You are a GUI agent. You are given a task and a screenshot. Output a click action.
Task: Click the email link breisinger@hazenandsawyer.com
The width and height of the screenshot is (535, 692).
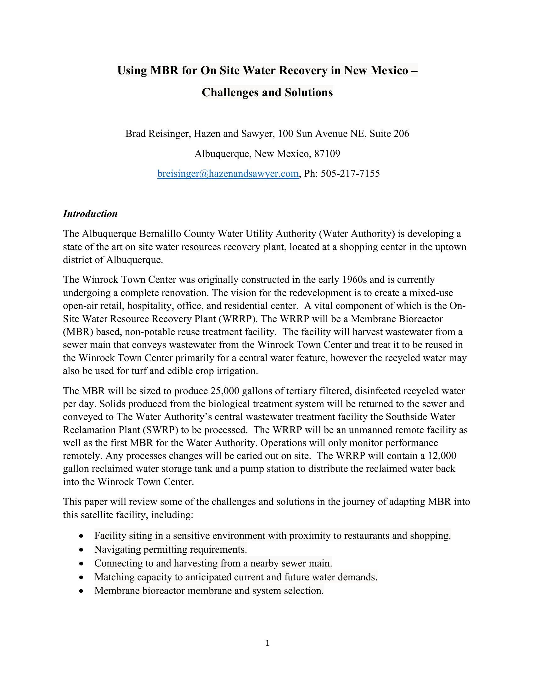click(x=228, y=174)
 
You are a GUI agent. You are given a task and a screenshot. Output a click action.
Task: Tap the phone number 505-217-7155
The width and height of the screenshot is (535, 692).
click(x=350, y=174)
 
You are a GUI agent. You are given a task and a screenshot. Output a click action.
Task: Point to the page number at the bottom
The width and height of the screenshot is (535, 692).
click(x=267, y=643)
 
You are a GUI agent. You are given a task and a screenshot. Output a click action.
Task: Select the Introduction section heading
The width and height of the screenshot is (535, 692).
click(x=90, y=214)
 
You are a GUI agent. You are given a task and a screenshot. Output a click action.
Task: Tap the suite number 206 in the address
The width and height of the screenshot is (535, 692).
click(x=401, y=134)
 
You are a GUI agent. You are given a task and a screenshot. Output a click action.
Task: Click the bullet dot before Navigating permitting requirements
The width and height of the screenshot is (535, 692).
click(x=82, y=550)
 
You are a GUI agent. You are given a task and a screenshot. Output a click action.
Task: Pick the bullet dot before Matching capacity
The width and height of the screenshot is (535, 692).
click(x=82, y=578)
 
